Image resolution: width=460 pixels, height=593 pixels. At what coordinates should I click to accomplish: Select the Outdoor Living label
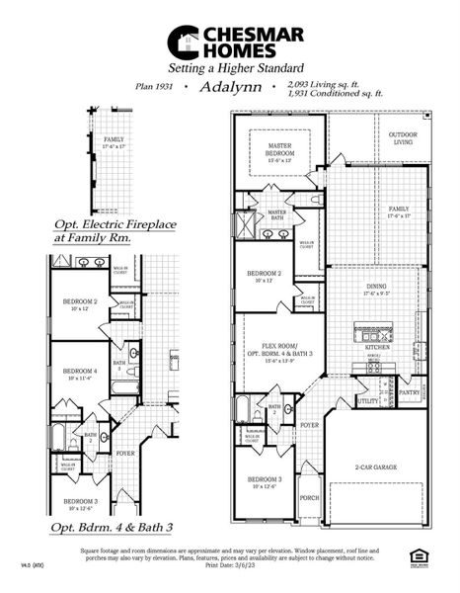point(402,137)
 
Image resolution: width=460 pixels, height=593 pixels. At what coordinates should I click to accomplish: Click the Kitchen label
point(377,348)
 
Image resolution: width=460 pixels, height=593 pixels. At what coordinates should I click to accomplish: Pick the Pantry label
point(410,392)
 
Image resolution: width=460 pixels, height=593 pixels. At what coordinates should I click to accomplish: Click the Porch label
point(310,497)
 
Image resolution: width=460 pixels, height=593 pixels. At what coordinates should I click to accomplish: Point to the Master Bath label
point(276,214)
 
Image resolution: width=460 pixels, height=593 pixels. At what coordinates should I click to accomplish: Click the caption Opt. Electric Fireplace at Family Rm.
point(115,231)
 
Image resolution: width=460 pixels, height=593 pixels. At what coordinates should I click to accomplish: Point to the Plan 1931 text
point(153,87)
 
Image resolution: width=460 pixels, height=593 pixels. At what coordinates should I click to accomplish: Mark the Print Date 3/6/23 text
point(231,566)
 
